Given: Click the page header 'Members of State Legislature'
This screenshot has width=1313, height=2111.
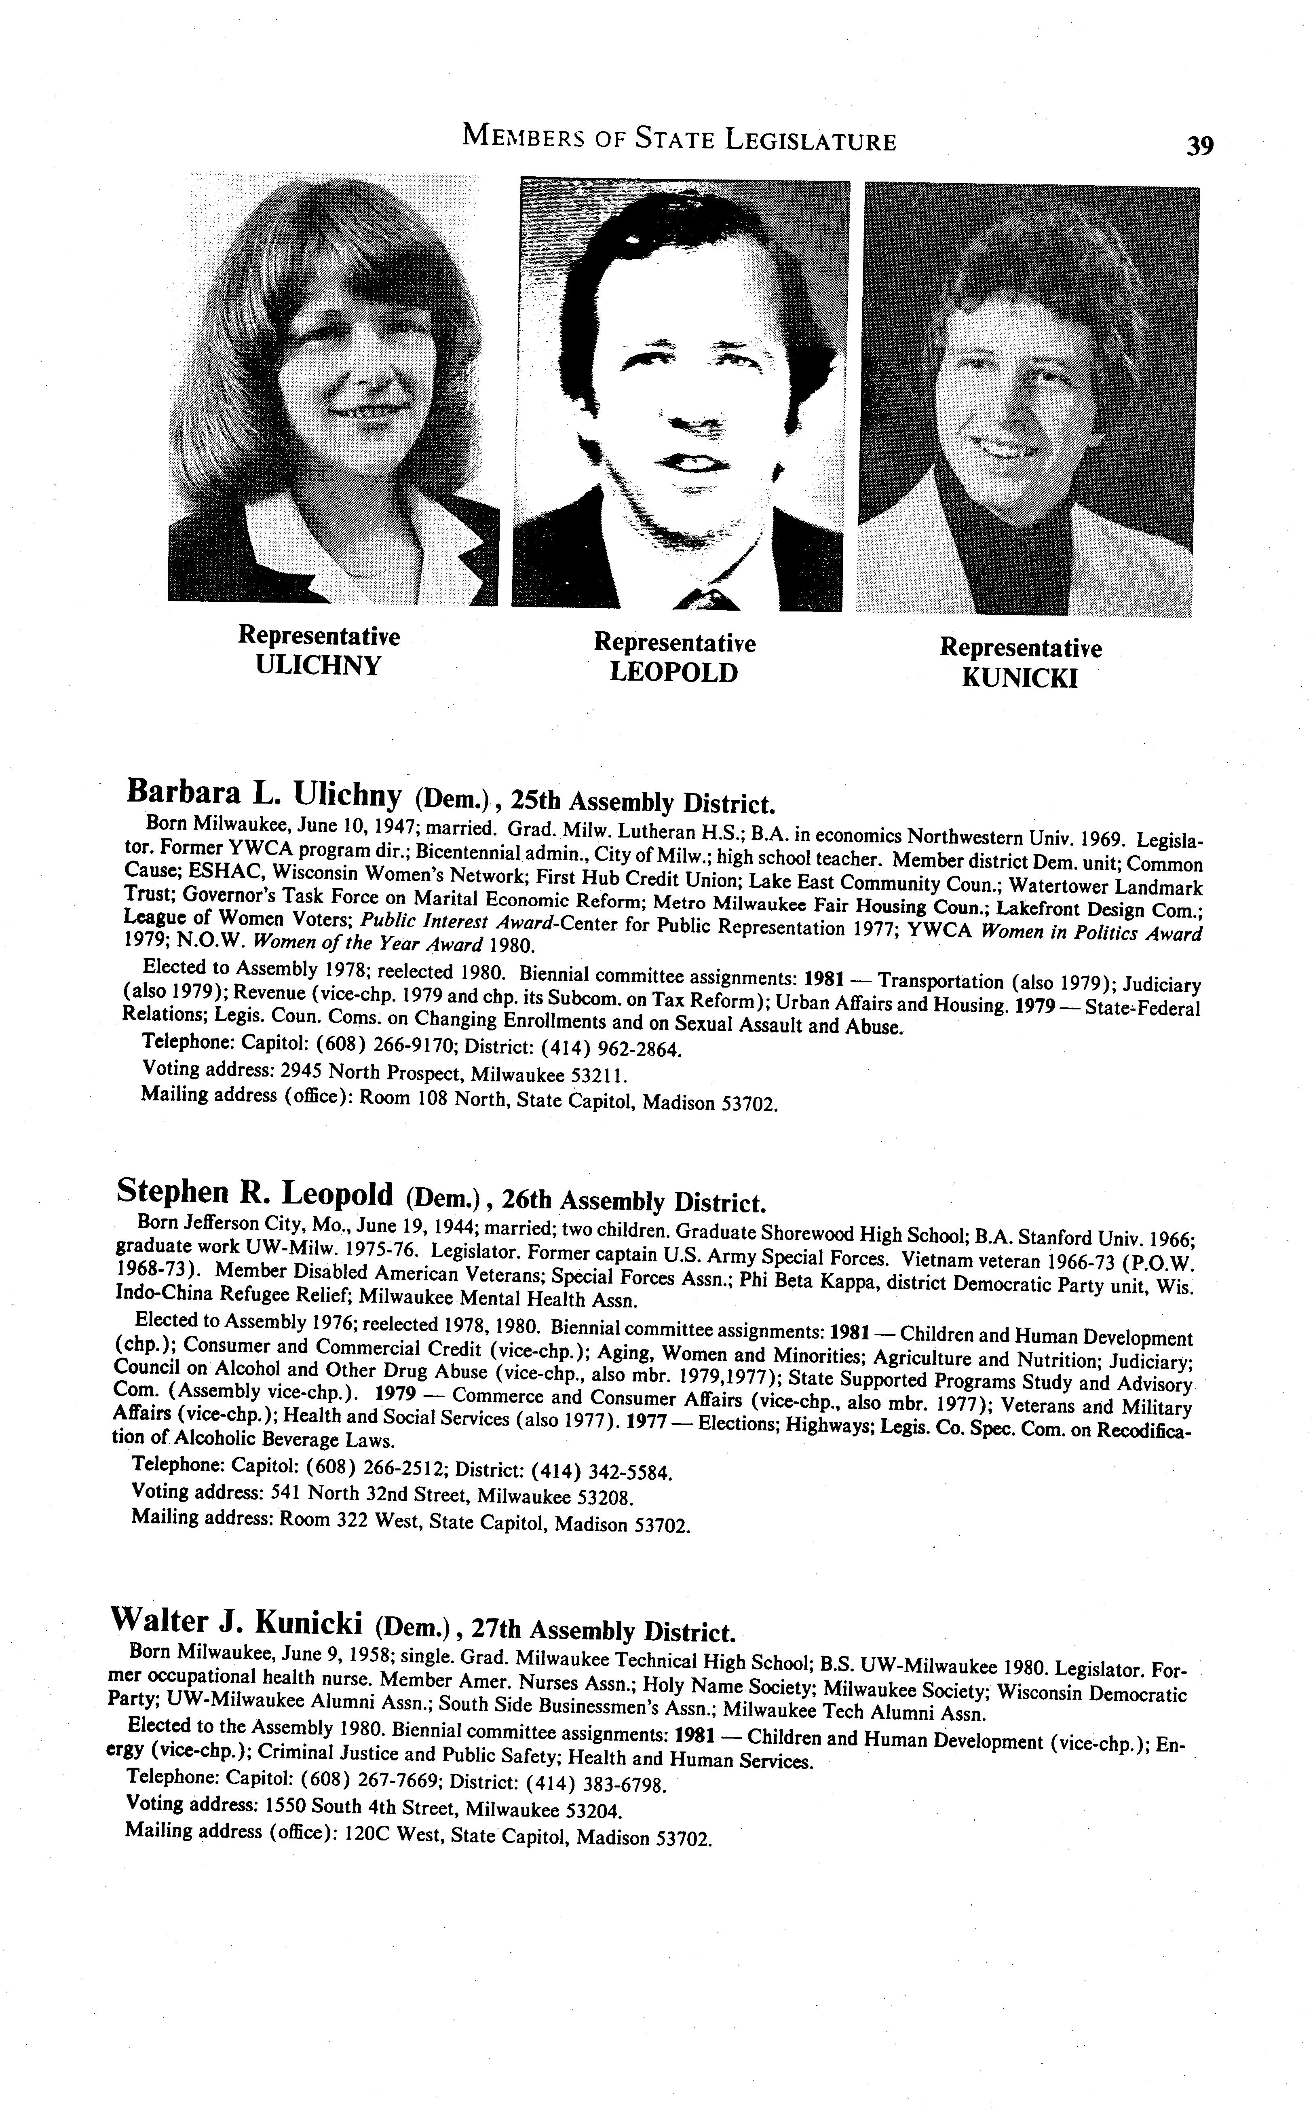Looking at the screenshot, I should (679, 139).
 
